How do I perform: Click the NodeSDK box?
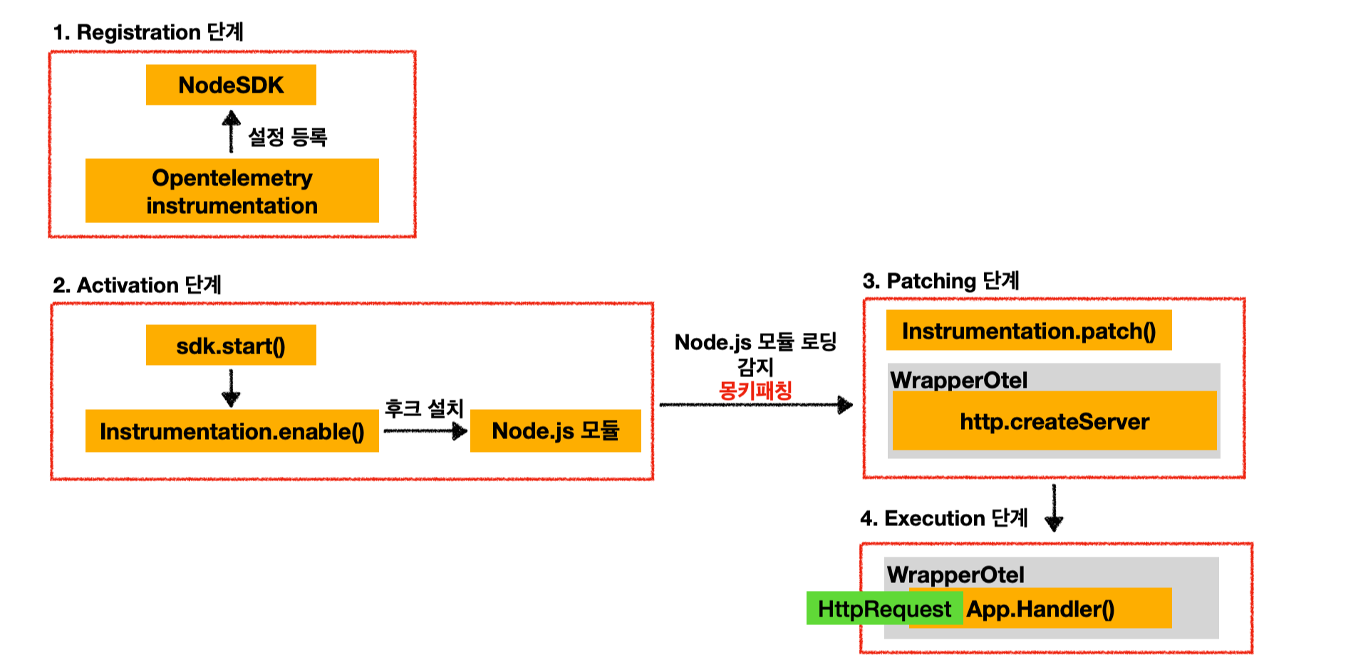pos(231,85)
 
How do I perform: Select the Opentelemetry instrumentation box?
pos(232,191)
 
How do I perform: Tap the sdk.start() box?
pos(231,346)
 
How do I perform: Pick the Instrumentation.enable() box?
pos(232,431)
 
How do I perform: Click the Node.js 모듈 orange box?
pos(555,431)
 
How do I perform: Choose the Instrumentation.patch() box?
pos(1028,331)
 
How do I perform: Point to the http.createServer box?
pos(1054,421)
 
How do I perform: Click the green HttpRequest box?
pos(884,609)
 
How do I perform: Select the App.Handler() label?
pos(1040,609)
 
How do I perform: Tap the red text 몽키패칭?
pos(755,391)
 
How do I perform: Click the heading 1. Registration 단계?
pos(148,32)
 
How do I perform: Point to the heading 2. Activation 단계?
pos(137,285)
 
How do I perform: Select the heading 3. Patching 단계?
pos(940,281)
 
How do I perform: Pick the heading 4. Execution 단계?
pos(943,518)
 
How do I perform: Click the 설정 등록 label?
pos(287,137)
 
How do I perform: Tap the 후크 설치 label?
pos(424,408)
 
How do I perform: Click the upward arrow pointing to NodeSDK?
pos(231,131)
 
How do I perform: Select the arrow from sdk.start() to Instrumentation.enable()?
pos(231,388)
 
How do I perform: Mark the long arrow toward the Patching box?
pos(755,405)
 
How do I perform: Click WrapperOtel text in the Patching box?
pos(958,380)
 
